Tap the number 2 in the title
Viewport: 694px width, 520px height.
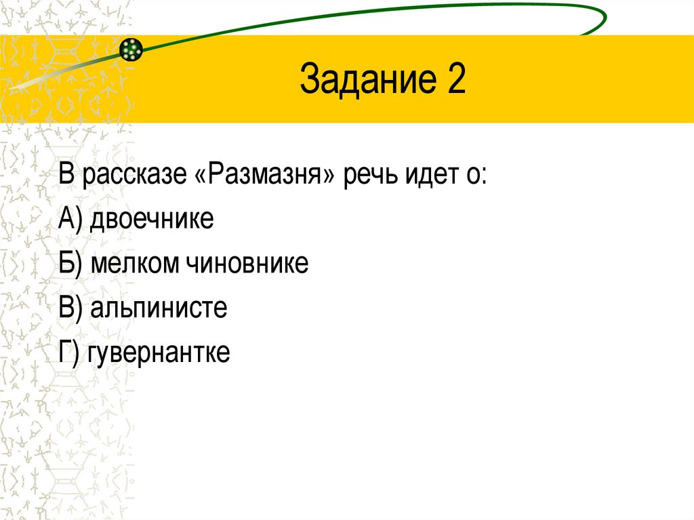[455, 80]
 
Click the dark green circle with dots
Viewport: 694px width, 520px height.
[131, 48]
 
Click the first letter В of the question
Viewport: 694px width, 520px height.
[66, 176]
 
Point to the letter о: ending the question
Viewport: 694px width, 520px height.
[477, 178]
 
